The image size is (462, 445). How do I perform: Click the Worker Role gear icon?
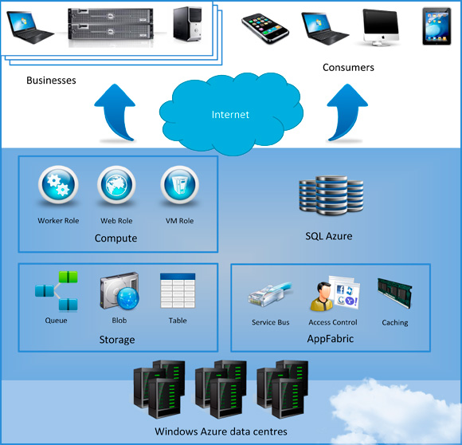click(58, 186)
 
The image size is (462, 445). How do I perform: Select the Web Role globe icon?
click(116, 186)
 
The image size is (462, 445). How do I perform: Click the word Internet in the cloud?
click(230, 115)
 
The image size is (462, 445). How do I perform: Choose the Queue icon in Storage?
click(57, 291)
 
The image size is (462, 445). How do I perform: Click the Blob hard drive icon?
click(119, 293)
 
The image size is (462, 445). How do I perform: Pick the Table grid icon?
click(177, 292)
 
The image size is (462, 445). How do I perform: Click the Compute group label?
click(115, 238)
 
